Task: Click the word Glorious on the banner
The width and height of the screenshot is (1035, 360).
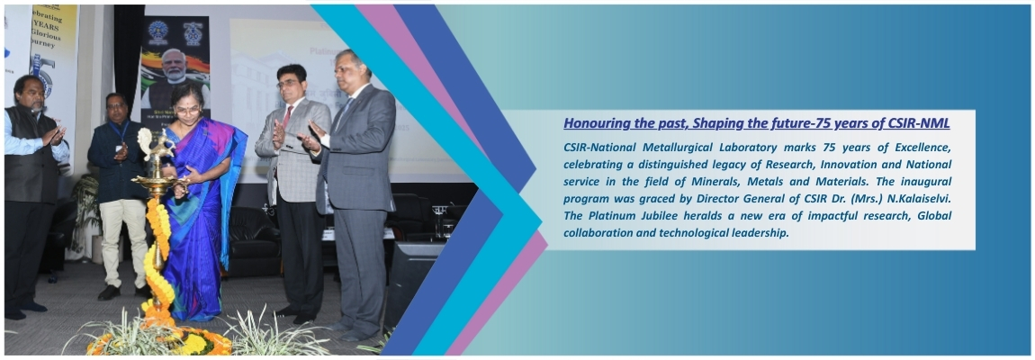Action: [49, 31]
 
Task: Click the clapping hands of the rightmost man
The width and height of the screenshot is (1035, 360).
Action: [311, 135]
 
